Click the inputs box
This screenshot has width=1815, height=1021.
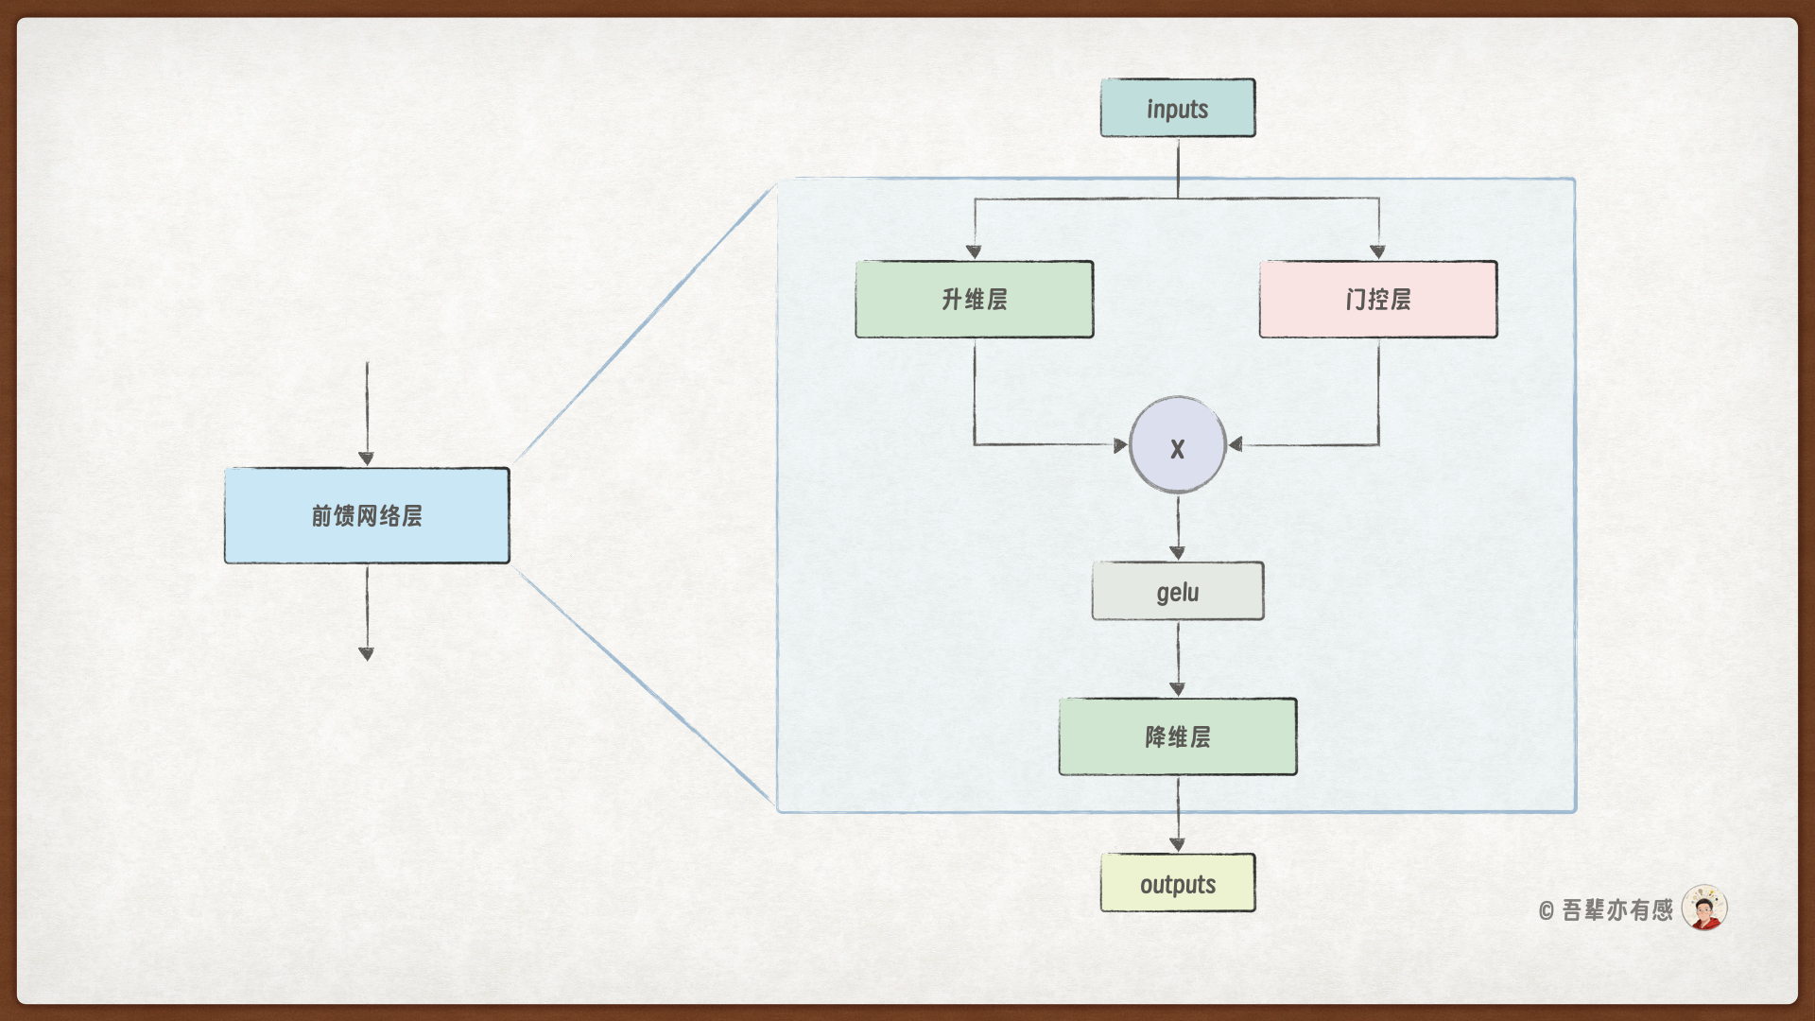pos(1178,109)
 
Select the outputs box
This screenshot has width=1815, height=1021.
pos(1178,883)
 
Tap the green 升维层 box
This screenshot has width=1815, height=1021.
pos(975,300)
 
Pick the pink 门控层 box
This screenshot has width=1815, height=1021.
pos(1378,300)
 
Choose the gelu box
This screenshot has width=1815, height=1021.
pos(1178,592)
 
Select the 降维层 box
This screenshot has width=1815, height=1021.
pos(1178,737)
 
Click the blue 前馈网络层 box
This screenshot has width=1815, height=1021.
pos(367,516)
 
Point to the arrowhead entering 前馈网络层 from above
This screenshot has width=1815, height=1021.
pos(367,459)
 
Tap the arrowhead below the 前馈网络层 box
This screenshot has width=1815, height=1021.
pos(367,653)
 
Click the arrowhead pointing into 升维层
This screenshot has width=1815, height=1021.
pos(974,251)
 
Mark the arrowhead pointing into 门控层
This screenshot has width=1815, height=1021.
pos(1378,251)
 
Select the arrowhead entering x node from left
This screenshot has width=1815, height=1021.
pos(1120,445)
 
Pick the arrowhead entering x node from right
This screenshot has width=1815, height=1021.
pos(1236,444)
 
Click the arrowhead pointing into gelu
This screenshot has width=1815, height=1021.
pos(1178,552)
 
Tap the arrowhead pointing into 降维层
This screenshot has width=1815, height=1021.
pos(1178,689)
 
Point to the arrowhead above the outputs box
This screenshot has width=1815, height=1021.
pos(1178,844)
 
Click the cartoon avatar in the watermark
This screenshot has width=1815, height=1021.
pos(1704,909)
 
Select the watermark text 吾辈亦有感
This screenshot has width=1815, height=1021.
pos(1617,910)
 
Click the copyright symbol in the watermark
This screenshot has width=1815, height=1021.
pos(1547,911)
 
